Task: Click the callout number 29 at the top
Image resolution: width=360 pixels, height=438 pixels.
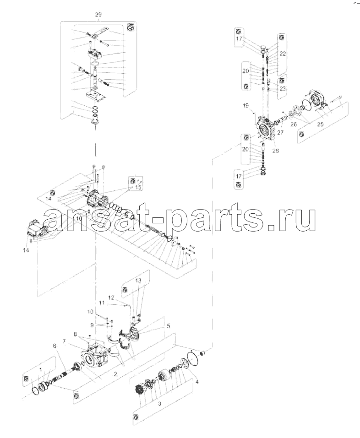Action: click(x=98, y=15)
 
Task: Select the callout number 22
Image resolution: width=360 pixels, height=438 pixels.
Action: click(x=283, y=54)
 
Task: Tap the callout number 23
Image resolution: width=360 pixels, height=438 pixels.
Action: click(x=283, y=89)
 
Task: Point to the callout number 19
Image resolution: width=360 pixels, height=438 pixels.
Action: click(x=245, y=106)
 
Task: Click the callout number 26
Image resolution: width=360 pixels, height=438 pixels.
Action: click(x=293, y=124)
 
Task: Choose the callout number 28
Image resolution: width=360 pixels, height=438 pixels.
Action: click(x=276, y=151)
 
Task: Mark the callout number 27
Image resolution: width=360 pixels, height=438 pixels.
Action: click(x=280, y=132)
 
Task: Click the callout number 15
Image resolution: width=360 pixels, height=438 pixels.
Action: click(x=138, y=188)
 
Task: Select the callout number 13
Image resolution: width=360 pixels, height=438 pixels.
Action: click(x=139, y=280)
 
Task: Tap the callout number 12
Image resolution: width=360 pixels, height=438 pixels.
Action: click(x=111, y=298)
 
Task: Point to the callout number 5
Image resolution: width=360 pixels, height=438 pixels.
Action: click(x=168, y=326)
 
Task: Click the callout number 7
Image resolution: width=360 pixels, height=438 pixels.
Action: click(x=64, y=341)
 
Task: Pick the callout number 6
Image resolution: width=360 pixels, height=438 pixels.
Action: click(x=55, y=346)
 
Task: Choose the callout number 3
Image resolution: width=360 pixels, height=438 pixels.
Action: click(x=159, y=404)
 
